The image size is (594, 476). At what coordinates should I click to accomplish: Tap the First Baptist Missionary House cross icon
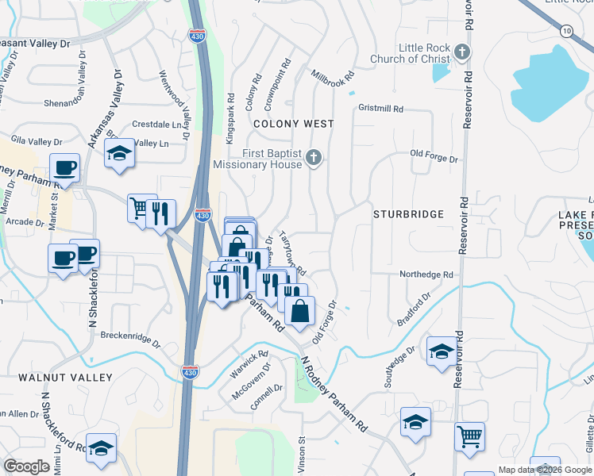click(x=314, y=158)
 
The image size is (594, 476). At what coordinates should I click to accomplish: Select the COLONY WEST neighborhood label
click(x=293, y=124)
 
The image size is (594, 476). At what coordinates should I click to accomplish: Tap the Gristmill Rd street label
click(x=381, y=108)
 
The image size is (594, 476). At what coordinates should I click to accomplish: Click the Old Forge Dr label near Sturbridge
click(x=434, y=158)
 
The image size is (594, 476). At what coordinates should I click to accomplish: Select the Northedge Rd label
click(x=426, y=274)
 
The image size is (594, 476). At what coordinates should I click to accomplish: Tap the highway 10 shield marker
click(x=565, y=30)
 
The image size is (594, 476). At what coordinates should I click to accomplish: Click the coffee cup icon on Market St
click(x=64, y=168)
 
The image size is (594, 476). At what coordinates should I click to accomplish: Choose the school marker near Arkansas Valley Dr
click(x=120, y=152)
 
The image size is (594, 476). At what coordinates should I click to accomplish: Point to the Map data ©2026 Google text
click(x=545, y=470)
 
